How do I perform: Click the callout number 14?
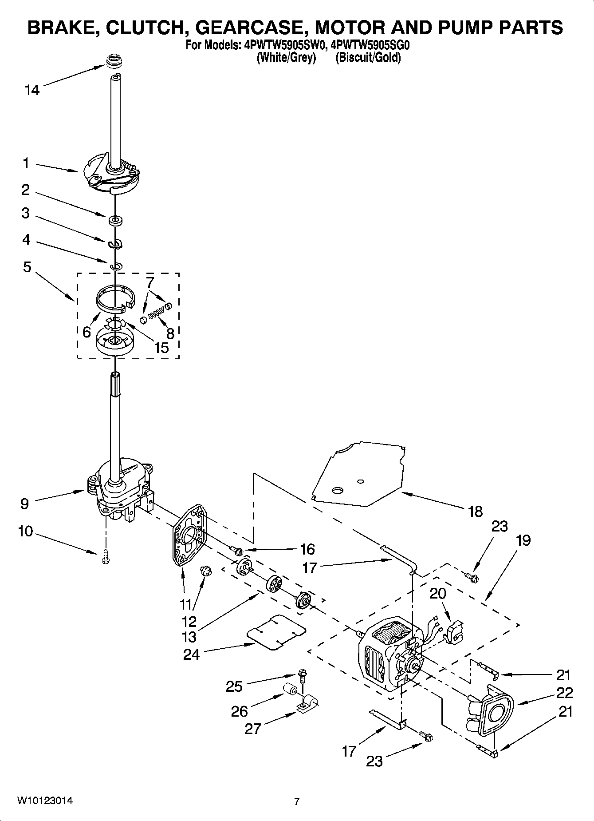point(32,90)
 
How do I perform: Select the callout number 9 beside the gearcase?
point(25,504)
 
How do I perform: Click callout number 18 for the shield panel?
point(475,512)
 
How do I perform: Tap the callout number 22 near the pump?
point(564,693)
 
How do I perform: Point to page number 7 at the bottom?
point(297,801)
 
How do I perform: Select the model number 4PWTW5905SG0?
point(369,46)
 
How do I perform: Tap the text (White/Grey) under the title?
point(286,58)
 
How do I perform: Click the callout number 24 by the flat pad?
point(192,654)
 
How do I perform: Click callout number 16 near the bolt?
point(307,549)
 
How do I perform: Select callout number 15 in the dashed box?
point(161,347)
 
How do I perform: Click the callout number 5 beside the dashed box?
point(27,267)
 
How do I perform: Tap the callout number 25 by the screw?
point(234,686)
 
